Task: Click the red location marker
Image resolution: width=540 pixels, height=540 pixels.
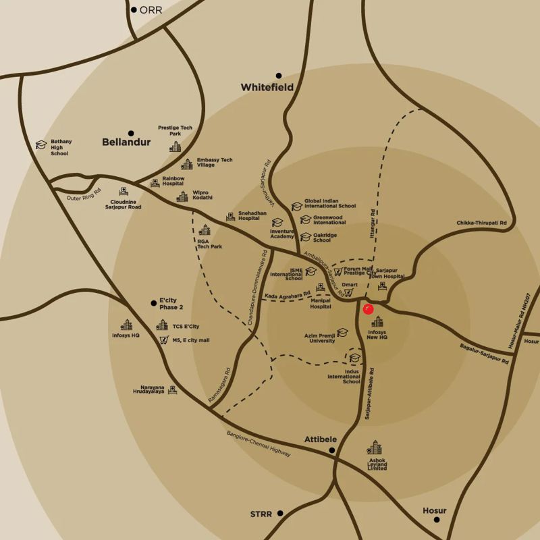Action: click(368, 309)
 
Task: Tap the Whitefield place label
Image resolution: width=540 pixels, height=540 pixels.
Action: click(267, 88)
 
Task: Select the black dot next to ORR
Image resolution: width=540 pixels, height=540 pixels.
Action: click(134, 9)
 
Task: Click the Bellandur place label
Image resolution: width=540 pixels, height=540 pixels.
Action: click(126, 142)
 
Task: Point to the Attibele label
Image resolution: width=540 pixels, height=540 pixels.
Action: click(320, 439)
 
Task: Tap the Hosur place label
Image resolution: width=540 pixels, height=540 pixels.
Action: click(435, 510)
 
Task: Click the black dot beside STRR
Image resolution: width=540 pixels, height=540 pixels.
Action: click(279, 514)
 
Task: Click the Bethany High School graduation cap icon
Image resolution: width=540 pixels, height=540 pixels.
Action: click(41, 145)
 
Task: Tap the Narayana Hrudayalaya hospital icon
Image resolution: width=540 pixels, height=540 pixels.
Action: click(173, 389)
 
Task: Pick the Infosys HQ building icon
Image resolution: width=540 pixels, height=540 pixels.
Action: click(126, 325)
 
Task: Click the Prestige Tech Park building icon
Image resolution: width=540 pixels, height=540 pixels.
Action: click(175, 146)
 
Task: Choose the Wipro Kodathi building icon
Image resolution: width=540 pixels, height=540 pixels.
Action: click(182, 196)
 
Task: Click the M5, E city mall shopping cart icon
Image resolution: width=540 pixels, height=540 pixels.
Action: click(163, 340)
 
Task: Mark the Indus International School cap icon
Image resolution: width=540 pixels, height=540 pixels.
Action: click(354, 358)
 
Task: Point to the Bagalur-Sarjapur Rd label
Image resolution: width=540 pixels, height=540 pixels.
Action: click(485, 354)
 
